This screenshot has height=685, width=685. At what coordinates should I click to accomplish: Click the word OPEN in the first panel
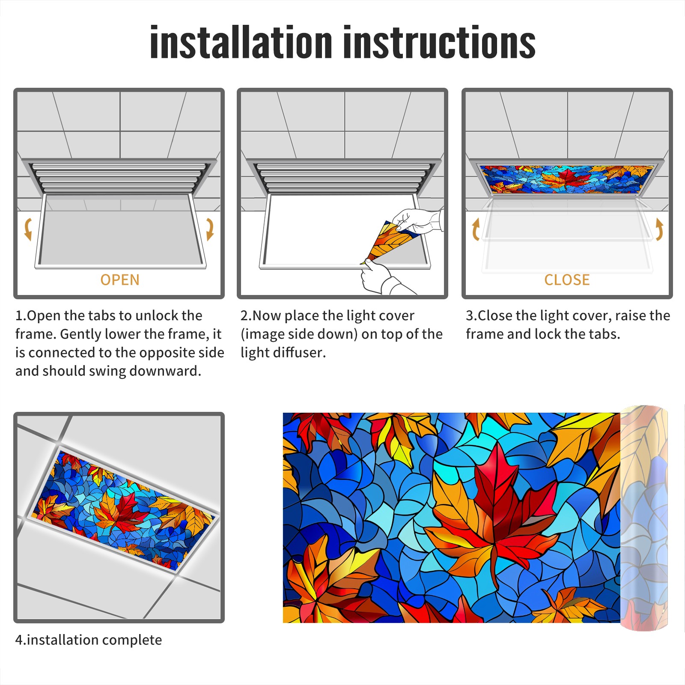tap(120, 280)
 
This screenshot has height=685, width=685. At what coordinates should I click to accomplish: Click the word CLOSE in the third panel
tap(567, 280)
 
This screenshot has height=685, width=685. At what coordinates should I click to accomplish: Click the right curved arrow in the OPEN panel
tap(210, 229)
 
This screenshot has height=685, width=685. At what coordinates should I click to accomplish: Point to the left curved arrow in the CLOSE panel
tap(475, 229)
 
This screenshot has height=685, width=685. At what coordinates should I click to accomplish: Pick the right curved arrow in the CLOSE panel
tap(659, 229)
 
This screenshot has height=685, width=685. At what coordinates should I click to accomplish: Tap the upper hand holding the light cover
tap(417, 220)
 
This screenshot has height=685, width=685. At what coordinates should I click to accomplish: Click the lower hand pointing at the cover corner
tap(383, 278)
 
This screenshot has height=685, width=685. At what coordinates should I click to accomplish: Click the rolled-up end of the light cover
tap(644, 518)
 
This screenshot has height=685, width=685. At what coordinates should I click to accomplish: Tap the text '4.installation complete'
tap(89, 640)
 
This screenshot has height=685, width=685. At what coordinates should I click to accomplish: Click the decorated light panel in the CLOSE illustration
tap(567, 179)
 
